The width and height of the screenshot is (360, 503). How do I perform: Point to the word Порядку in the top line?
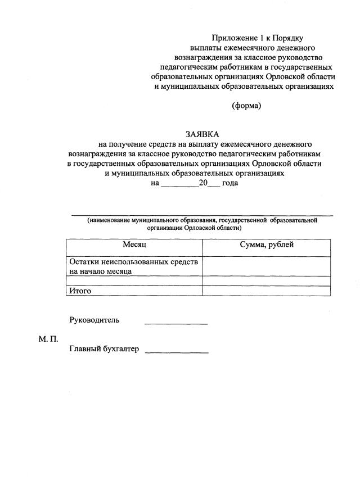[288, 38]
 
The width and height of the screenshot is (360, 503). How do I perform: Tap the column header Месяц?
[134, 245]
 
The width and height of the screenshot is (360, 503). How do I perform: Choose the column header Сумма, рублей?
[267, 245]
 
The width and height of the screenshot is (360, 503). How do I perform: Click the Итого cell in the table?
[80, 291]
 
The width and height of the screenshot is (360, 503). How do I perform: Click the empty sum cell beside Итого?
[267, 291]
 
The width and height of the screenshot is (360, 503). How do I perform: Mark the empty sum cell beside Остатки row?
[267, 266]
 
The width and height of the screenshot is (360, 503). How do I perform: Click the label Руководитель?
[94, 320]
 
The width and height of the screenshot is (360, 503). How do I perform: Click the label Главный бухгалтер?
[104, 349]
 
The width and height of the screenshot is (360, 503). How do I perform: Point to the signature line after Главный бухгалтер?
[177, 353]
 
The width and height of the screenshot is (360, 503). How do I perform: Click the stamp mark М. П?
[48, 338]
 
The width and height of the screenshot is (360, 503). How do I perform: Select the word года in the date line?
[230, 183]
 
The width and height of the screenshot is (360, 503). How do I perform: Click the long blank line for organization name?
[201, 216]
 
